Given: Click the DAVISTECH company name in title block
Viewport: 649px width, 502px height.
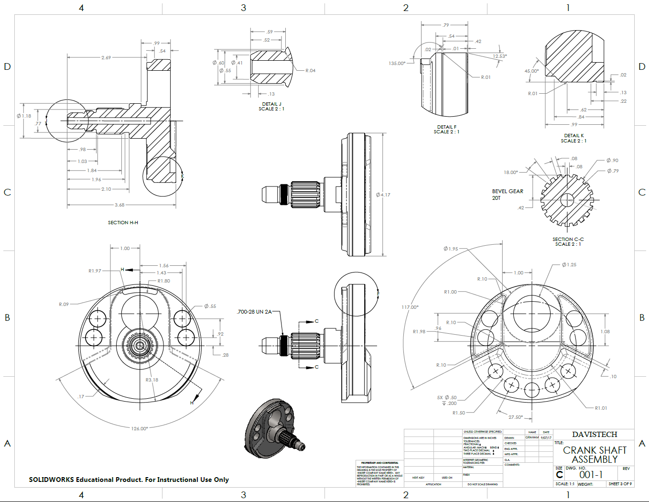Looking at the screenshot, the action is [x=595, y=434].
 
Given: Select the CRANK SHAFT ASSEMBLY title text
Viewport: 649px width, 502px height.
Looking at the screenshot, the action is [x=595, y=455].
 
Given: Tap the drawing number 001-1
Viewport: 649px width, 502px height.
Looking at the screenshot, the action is [x=591, y=475].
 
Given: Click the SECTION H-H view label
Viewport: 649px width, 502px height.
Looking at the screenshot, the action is [x=123, y=223].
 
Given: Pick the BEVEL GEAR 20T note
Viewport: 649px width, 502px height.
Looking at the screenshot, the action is [x=507, y=194].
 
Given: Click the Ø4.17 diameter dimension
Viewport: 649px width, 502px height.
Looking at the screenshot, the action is [x=383, y=195].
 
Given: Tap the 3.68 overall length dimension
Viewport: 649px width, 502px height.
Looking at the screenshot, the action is [x=119, y=205].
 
